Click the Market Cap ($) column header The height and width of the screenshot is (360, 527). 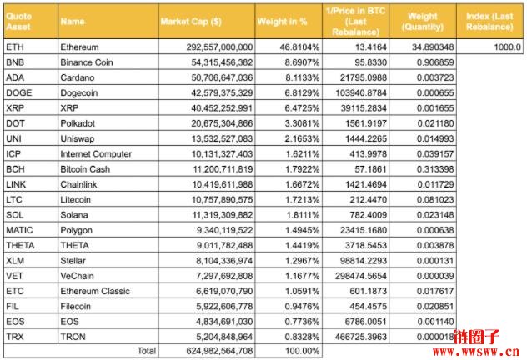[x=191, y=22]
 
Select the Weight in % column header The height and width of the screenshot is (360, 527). [x=283, y=22]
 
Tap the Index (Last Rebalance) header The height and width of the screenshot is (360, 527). [x=489, y=21]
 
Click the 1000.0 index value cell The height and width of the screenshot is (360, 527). [x=507, y=47]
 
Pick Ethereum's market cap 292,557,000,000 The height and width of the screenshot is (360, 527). [x=219, y=47]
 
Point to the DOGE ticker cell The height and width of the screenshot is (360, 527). [x=19, y=92]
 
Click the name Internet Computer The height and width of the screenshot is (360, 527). [x=96, y=154]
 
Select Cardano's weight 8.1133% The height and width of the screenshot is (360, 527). [x=302, y=77]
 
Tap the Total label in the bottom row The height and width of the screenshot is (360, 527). [x=147, y=351]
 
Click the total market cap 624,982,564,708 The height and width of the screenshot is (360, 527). [x=219, y=351]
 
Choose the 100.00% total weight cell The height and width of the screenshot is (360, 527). [x=302, y=351]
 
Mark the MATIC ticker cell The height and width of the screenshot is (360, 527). [x=19, y=230]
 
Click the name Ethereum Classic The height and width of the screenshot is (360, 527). [x=95, y=291]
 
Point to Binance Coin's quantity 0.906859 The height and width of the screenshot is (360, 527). [x=435, y=62]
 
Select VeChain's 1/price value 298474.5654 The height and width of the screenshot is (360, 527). [x=360, y=276]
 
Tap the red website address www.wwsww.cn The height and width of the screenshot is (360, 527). [x=476, y=352]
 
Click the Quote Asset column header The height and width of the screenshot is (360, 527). [x=19, y=21]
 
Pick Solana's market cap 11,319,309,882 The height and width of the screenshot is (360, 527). [x=222, y=215]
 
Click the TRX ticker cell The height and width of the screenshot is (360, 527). [x=15, y=337]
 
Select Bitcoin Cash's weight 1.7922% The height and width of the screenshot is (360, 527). [x=302, y=169]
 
